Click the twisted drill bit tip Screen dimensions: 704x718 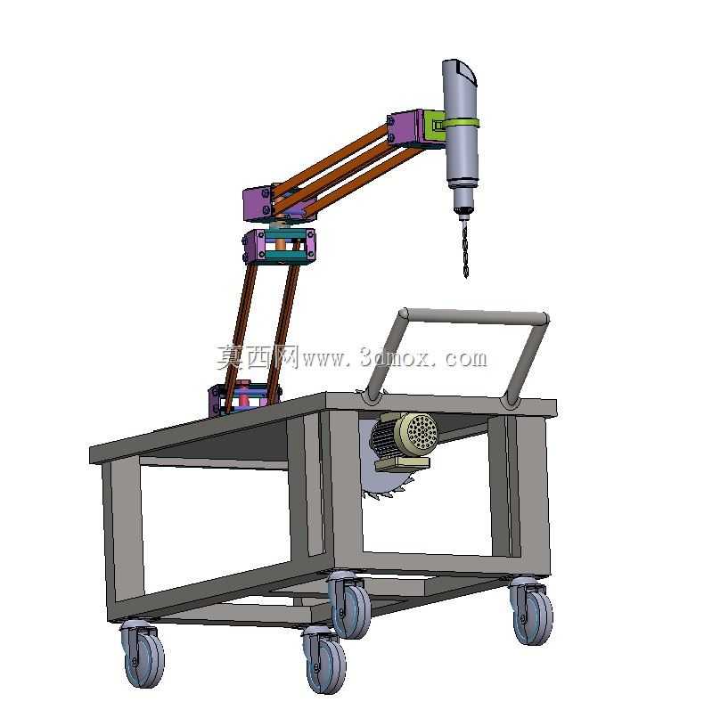click(x=466, y=276)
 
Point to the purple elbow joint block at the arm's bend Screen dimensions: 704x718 click(x=259, y=204)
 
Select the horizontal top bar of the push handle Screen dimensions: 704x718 click(x=473, y=315)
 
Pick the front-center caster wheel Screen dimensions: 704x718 click(x=324, y=660)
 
